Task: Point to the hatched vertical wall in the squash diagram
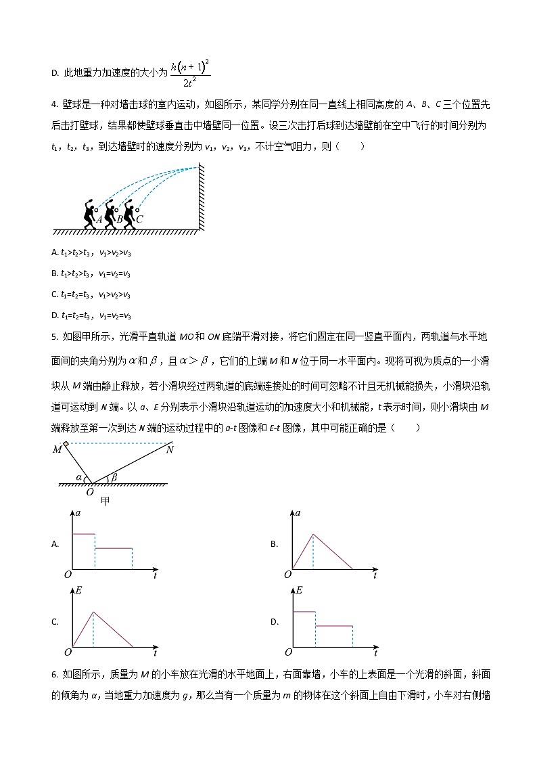(202, 196)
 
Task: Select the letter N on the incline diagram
(170, 449)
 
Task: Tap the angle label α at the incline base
(79, 477)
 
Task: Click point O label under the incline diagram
(90, 492)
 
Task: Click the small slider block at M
(66, 444)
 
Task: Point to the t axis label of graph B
(375, 576)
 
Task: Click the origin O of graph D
(288, 652)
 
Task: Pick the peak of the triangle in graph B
(313, 534)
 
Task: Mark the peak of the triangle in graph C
(94, 612)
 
